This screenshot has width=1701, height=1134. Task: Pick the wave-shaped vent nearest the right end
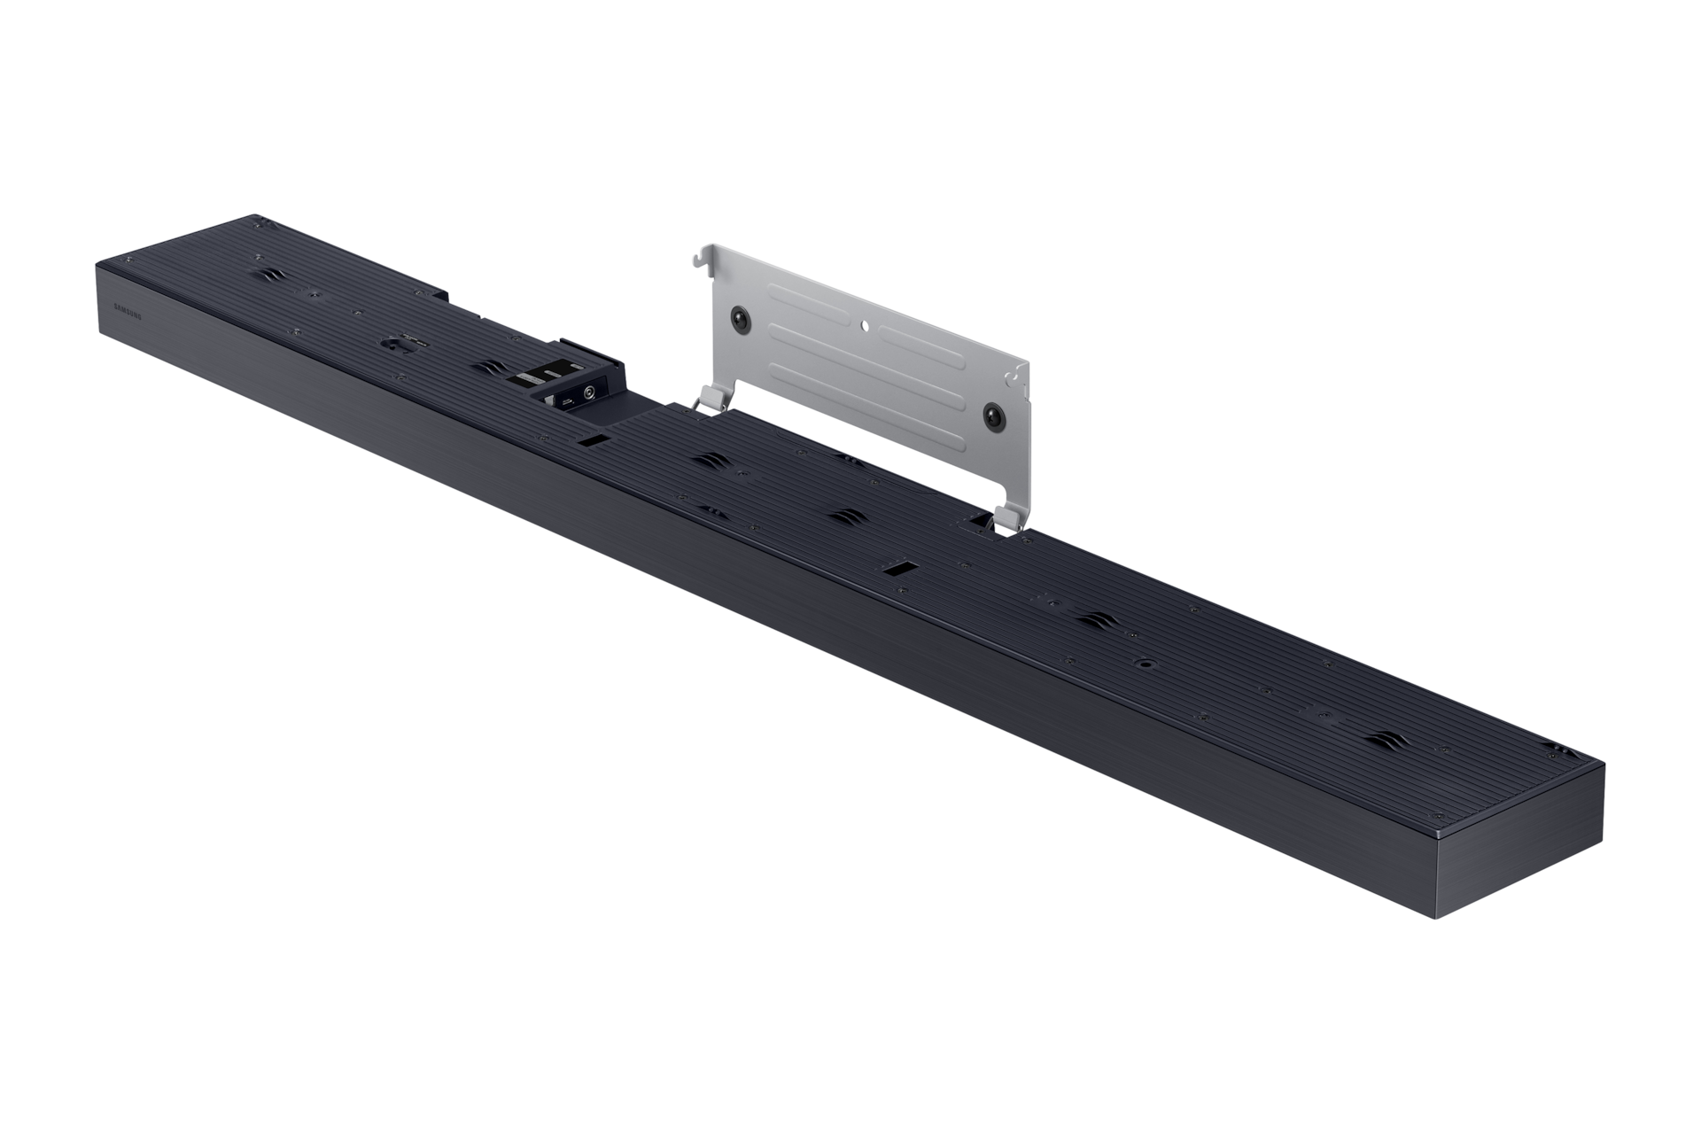click(1388, 718)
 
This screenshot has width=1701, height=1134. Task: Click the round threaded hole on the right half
click(1147, 662)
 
